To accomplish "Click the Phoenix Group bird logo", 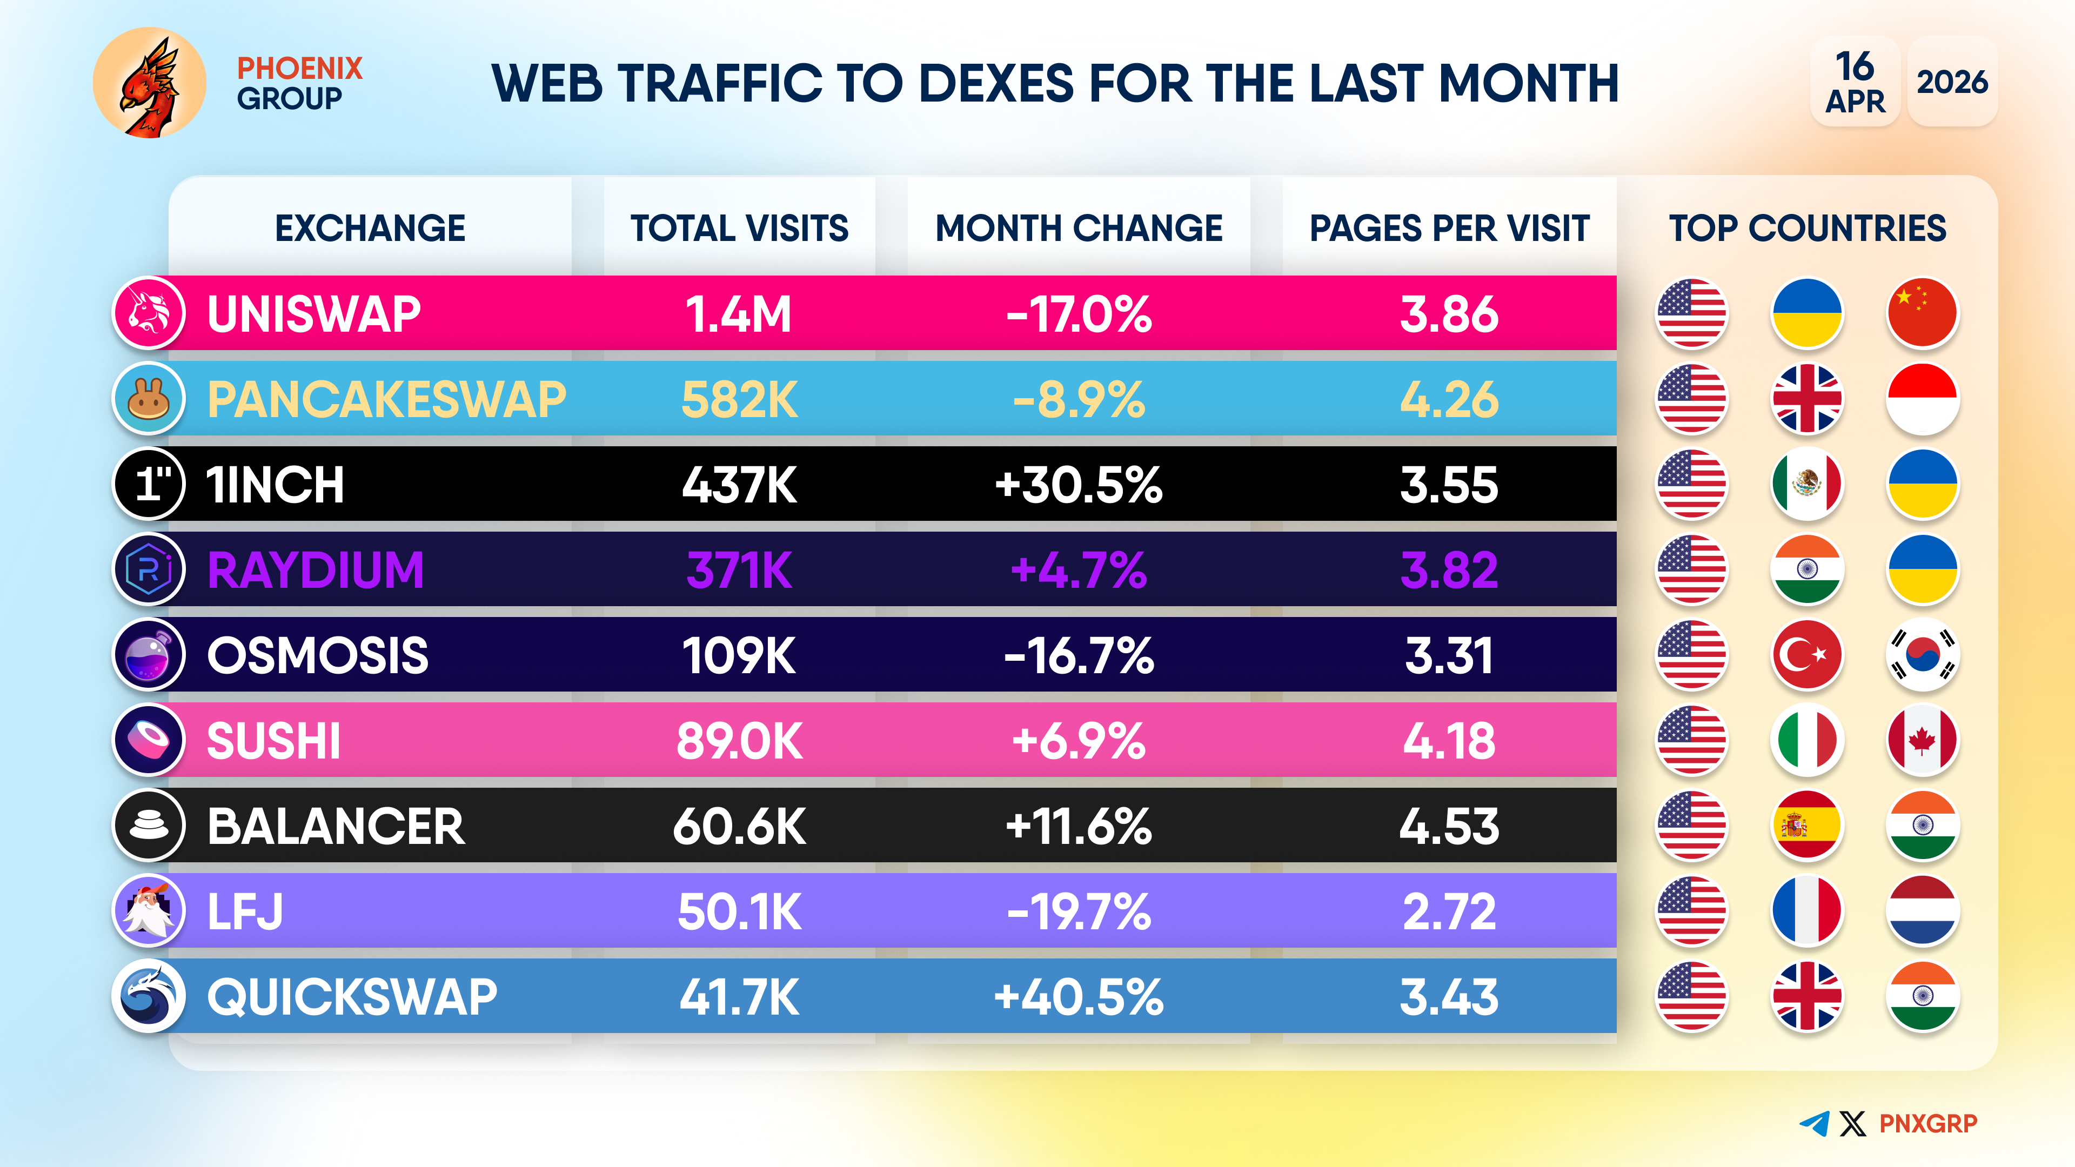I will pos(150,83).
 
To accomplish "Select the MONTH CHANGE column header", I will pos(1079,228).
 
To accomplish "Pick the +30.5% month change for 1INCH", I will pos(1079,485).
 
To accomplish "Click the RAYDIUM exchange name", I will pos(315,570).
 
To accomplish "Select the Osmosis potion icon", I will pos(149,655).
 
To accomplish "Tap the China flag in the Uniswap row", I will pos(1922,313).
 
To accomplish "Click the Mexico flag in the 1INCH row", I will pos(1807,485).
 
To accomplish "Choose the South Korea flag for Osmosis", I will pos(1922,655).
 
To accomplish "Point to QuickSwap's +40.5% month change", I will pos(1079,997).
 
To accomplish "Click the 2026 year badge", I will pos(1952,82).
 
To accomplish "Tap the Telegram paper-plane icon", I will pos(1814,1124).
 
